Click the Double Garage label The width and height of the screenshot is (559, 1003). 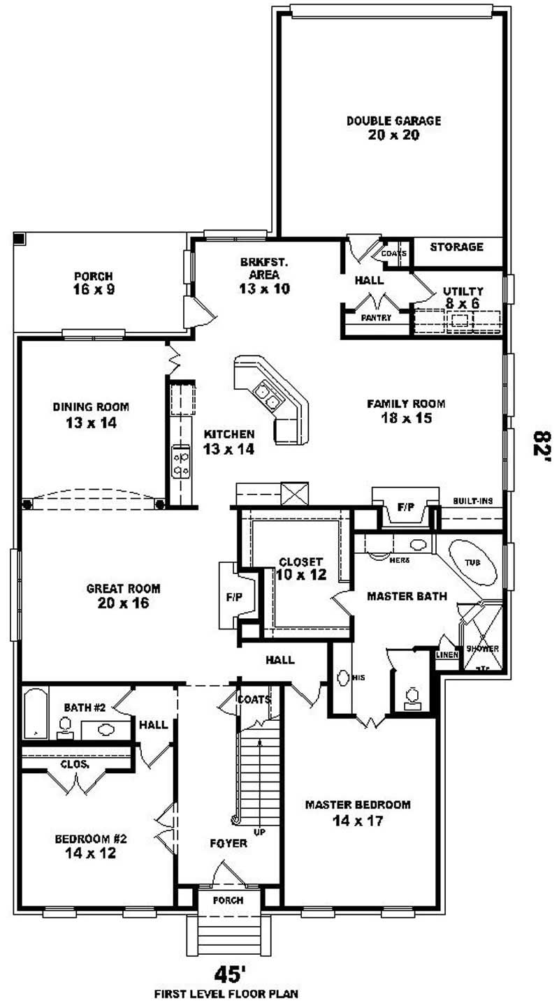(393, 121)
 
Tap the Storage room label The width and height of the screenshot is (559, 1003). (456, 247)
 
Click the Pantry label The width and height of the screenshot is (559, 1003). (375, 317)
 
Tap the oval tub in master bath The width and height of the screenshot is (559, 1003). (473, 562)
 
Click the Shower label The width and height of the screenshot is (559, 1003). (483, 648)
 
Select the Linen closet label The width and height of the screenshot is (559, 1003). (447, 654)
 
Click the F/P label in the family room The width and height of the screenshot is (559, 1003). (405, 507)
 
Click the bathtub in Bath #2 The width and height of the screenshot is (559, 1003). (36, 713)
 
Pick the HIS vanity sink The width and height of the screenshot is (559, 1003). (344, 678)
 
